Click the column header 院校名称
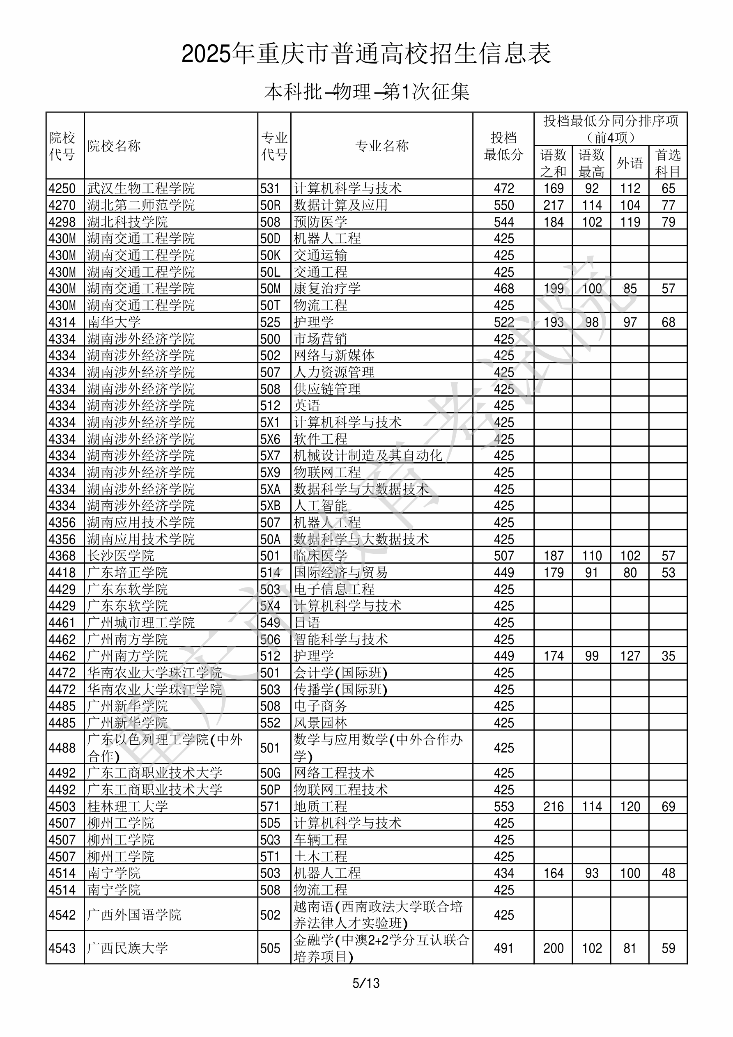pos(114,146)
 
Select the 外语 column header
pos(630,163)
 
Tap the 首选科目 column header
pos(668,163)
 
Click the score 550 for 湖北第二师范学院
pos(503,205)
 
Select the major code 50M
pos(270,289)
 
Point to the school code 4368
pos(62,555)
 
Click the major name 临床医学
pos(320,555)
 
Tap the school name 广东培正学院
pos(127,572)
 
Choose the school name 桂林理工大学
pos(127,806)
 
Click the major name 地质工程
pos(320,806)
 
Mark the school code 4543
pos(62,948)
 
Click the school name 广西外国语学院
pos(134,915)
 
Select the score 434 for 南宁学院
pos(503,873)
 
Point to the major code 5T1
pos(270,856)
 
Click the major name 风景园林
pos(320,723)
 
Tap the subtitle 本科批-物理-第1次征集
pos(366,92)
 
